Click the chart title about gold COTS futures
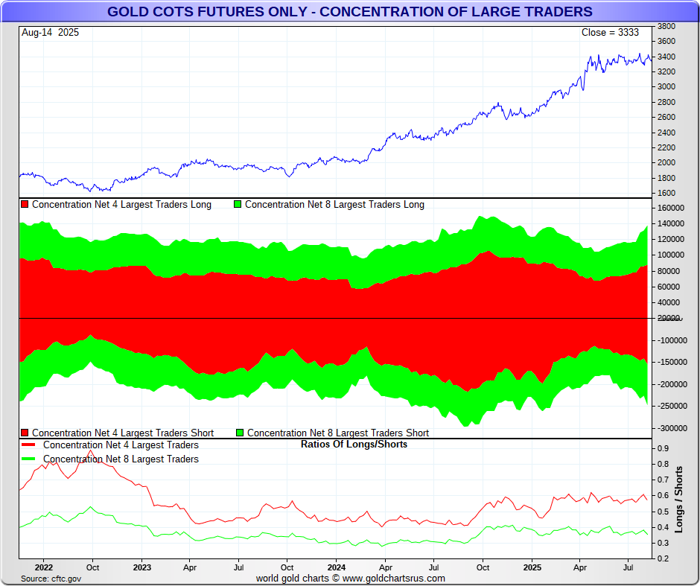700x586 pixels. [x=350, y=12]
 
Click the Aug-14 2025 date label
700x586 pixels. [x=50, y=33]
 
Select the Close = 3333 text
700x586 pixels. [x=610, y=33]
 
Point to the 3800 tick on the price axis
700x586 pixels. [x=666, y=25]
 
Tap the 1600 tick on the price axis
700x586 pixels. [x=666, y=194]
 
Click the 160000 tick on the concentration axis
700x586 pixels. [x=671, y=208]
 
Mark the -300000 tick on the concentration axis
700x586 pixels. [x=671, y=428]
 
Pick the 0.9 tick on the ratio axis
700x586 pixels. [x=662, y=449]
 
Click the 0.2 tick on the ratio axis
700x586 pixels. [x=662, y=558]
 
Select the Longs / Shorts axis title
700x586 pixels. [x=679, y=500]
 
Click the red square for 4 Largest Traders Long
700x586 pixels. [x=25, y=205]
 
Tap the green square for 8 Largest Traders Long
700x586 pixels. [x=238, y=205]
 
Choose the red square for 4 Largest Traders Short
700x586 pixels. [x=25, y=433]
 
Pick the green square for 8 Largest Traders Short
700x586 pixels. [x=240, y=433]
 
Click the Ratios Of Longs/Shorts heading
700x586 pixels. [x=354, y=445]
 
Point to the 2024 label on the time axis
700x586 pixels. [x=336, y=567]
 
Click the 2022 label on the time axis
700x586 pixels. [x=43, y=567]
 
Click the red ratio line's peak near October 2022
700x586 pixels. [x=90, y=450]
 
